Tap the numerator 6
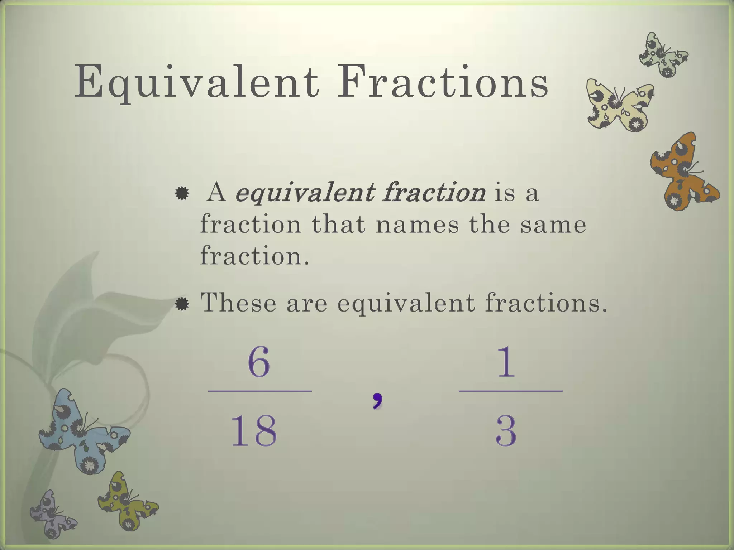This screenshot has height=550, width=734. click(258, 362)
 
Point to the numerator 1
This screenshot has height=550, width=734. click(506, 362)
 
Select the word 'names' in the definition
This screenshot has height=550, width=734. click(417, 225)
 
